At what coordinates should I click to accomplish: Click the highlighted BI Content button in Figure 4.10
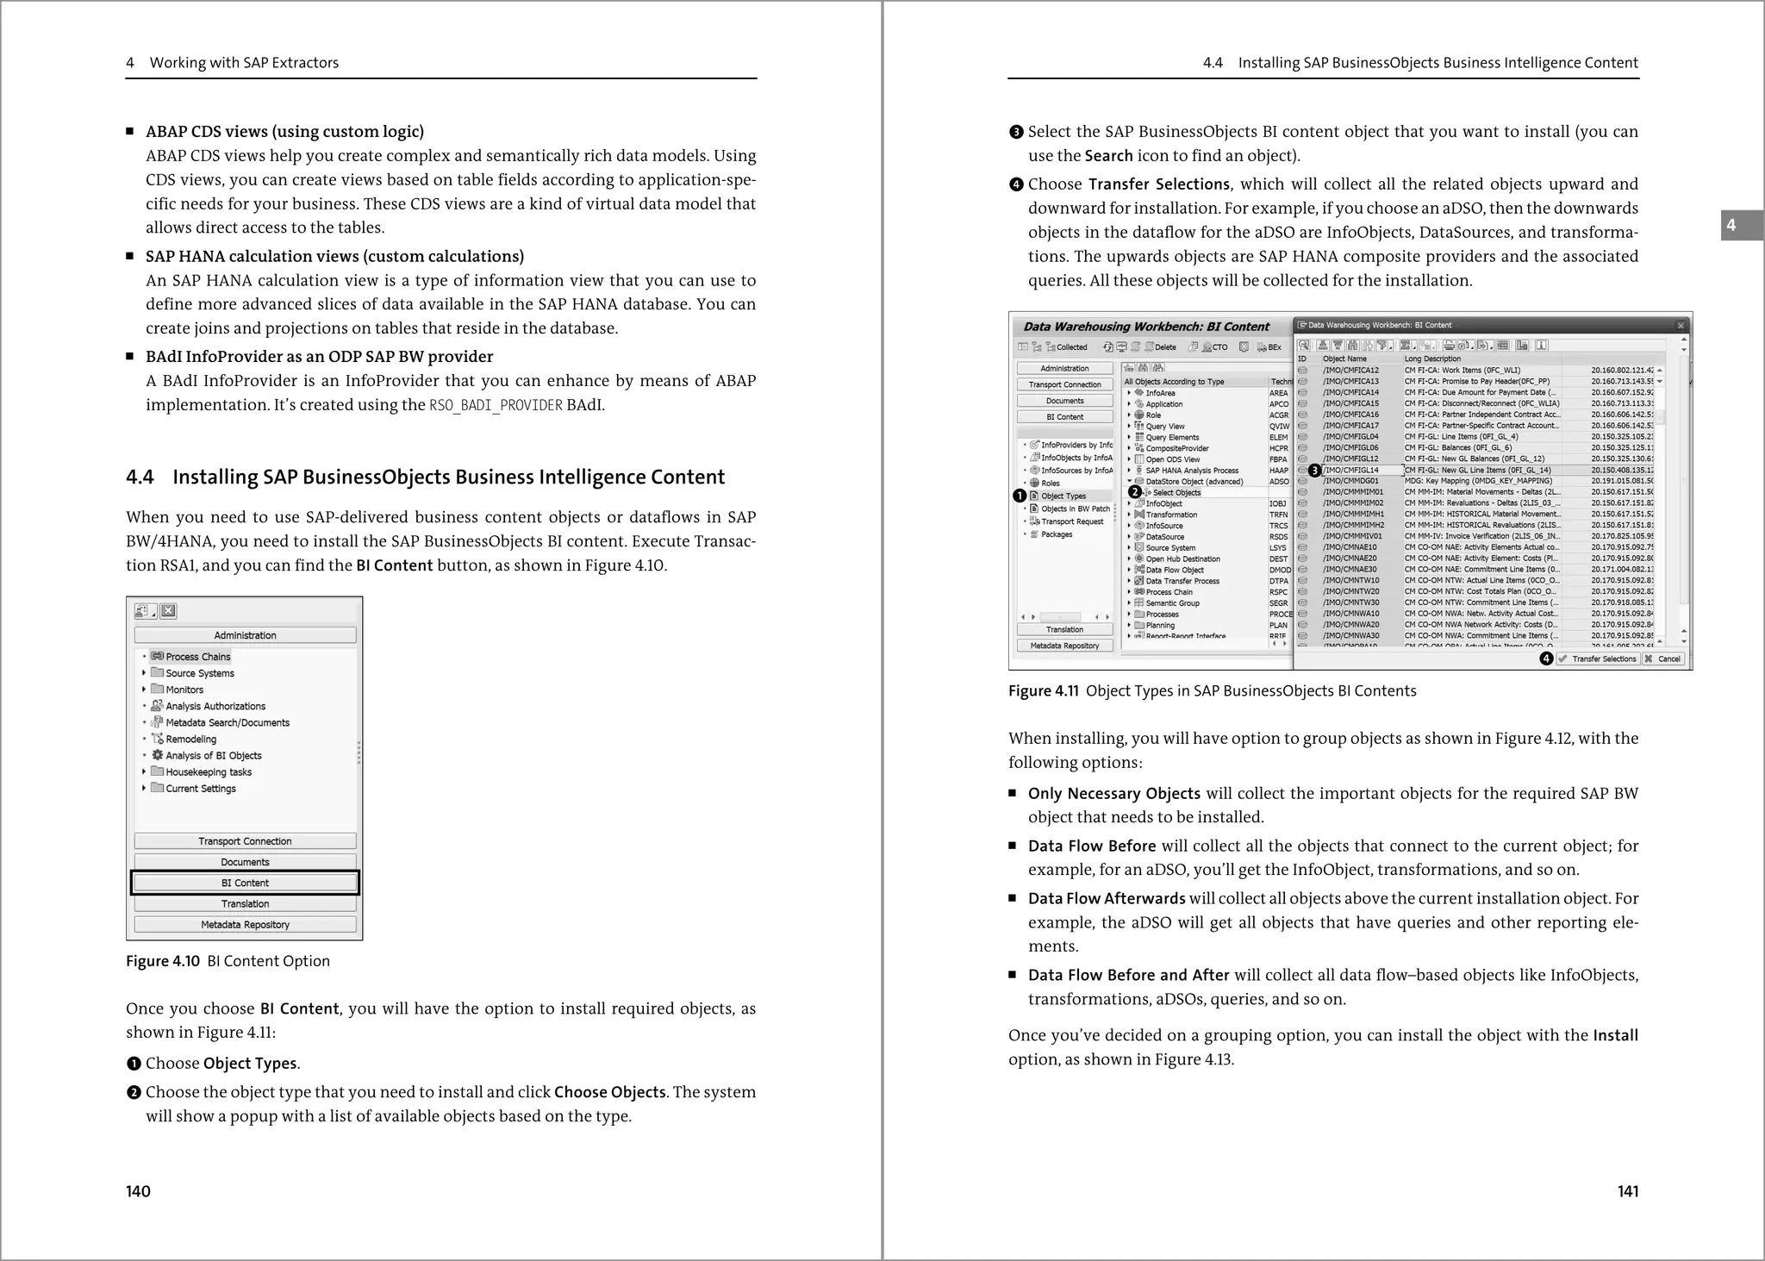click(x=245, y=883)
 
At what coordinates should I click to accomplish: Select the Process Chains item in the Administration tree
click(x=197, y=657)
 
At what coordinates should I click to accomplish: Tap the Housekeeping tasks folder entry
click(x=208, y=772)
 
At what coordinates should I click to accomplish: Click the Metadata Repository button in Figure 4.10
click(x=245, y=925)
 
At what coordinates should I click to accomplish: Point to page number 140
click(x=138, y=1191)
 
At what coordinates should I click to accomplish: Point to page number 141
click(x=1627, y=1191)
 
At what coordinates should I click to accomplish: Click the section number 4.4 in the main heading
click(x=140, y=478)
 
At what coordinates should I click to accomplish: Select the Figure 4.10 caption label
click(x=162, y=961)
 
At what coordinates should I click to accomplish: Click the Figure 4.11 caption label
click(x=1043, y=691)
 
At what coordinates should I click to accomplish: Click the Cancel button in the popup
click(x=1662, y=659)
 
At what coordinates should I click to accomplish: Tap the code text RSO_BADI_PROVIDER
click(x=496, y=405)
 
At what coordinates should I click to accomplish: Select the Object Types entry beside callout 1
click(x=1063, y=496)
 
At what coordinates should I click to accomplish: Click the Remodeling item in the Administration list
click(x=190, y=740)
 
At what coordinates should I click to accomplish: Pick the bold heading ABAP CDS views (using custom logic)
click(x=284, y=132)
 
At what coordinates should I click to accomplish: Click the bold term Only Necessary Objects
click(x=1113, y=794)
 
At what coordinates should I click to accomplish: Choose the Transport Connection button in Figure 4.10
click(x=245, y=841)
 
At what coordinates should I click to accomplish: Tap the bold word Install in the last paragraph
click(x=1615, y=1035)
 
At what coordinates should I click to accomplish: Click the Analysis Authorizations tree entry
click(x=215, y=706)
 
